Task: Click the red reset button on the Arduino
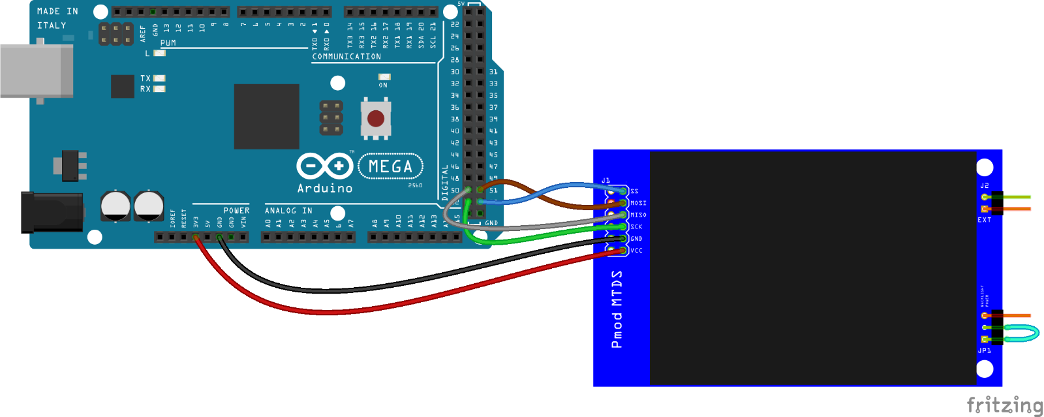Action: pos(376,118)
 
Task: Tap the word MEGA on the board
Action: pos(390,167)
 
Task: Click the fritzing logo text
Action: pos(1004,405)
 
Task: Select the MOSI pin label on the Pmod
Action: pos(638,203)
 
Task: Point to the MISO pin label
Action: pos(638,215)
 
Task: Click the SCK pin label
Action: pos(636,227)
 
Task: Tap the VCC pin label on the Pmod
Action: pos(636,251)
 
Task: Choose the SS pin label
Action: pos(634,191)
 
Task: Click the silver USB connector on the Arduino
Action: pos(36,70)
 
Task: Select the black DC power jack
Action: pos(52,212)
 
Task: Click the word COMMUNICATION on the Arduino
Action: pos(346,57)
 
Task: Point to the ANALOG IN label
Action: pos(288,211)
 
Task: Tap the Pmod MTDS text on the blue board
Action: pos(617,309)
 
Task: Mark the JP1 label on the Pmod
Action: pos(984,351)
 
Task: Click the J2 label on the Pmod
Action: pos(984,186)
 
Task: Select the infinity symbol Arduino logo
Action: pos(325,166)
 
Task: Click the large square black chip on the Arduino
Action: pos(266,116)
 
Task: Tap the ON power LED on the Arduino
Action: pos(384,77)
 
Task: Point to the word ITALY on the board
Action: pos(52,25)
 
